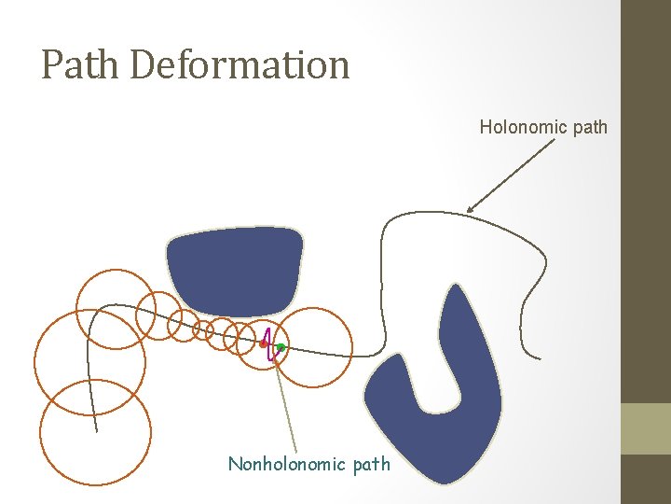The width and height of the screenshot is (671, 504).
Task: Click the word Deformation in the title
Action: point(240,64)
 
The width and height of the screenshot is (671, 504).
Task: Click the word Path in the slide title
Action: point(82,64)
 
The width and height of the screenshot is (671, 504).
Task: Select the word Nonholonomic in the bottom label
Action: point(287,464)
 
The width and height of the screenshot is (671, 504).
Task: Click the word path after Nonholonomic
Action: point(373,464)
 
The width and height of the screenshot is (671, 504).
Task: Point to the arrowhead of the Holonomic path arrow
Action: point(469,209)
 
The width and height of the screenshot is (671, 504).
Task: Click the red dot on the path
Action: point(264,343)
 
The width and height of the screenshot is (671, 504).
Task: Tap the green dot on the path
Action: point(281,347)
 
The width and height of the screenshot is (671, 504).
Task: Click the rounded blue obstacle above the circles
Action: point(235,268)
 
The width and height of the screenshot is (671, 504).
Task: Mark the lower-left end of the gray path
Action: point(97,431)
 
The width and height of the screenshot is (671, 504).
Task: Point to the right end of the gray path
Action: point(539,357)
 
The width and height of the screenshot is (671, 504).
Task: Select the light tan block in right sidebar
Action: point(646,428)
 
